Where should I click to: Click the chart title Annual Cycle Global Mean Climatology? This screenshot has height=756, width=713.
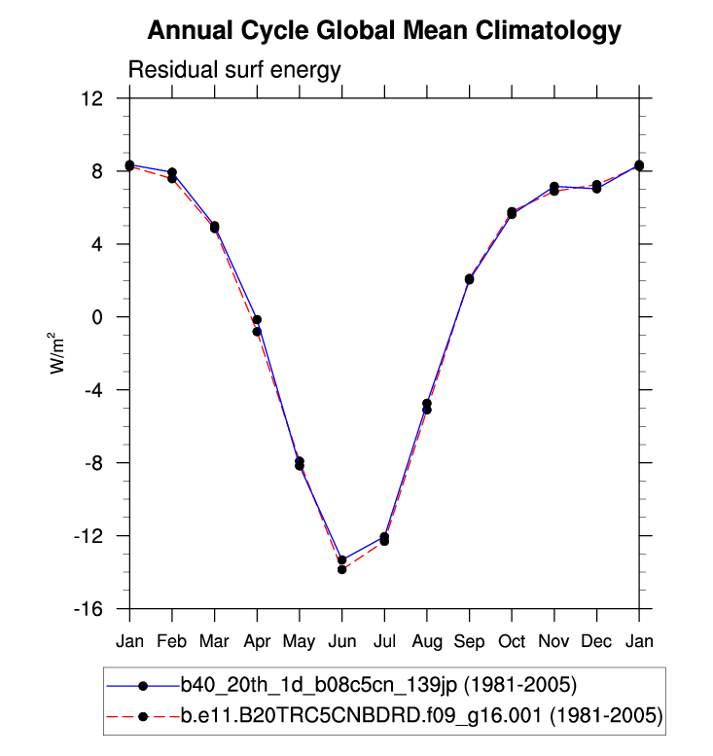(383, 31)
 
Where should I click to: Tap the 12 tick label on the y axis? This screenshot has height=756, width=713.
(93, 98)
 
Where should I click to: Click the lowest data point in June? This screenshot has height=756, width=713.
(342, 569)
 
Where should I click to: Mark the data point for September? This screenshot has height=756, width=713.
(469, 279)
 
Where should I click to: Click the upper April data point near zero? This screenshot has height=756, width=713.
(257, 320)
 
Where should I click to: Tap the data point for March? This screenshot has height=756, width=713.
(214, 228)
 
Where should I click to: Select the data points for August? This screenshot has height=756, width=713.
(426, 407)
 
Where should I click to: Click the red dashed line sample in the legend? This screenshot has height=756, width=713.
(142, 717)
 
